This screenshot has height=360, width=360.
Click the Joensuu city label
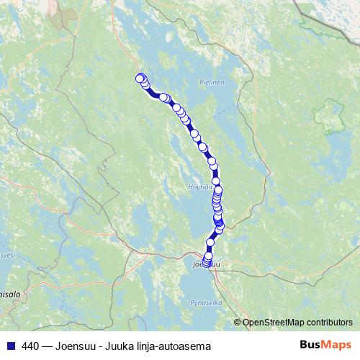206,265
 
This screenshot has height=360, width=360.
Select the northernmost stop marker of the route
140,78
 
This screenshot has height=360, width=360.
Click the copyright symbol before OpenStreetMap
238,323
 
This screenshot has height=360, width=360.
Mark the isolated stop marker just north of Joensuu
211,243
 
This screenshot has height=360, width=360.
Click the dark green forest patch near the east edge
328,115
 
